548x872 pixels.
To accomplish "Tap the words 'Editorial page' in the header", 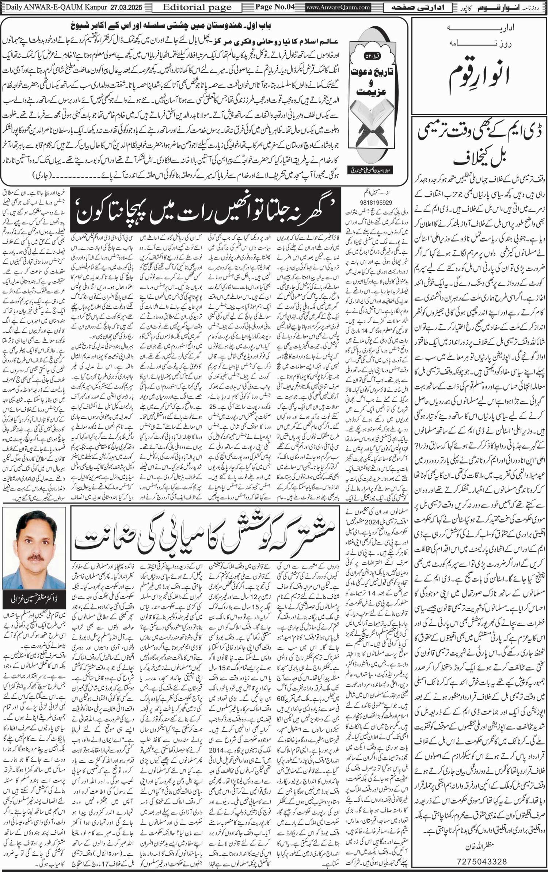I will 197,7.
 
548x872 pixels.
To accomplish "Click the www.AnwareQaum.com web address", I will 338,7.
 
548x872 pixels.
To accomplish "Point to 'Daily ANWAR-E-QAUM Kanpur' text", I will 55,7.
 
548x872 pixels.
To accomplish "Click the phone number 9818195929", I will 369,202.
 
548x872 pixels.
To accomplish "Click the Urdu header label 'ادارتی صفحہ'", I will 415,7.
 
